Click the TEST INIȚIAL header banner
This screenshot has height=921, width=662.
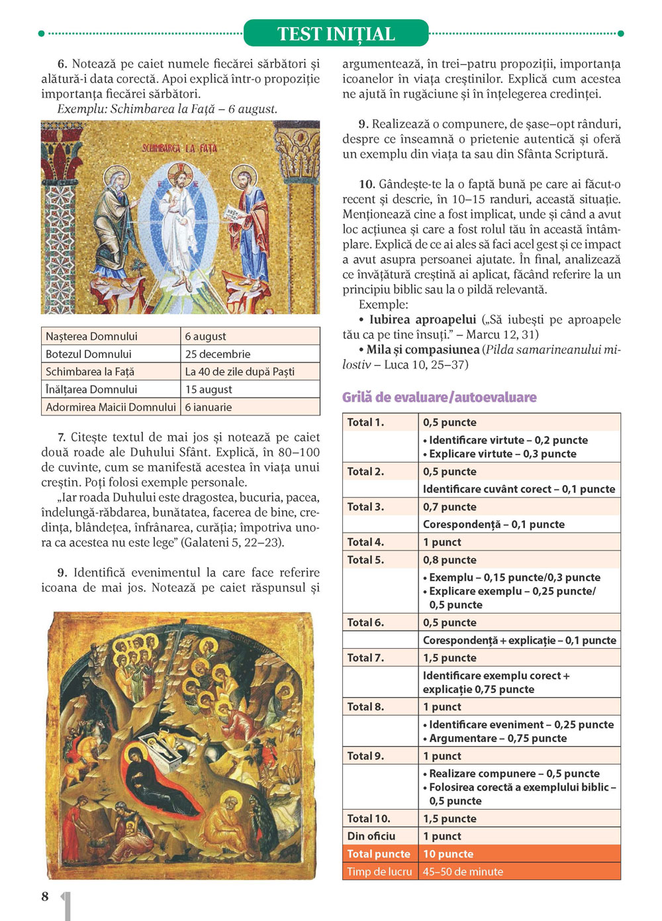click(x=336, y=34)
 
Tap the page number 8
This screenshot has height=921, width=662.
click(x=45, y=896)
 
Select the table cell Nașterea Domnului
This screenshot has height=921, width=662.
click(x=91, y=337)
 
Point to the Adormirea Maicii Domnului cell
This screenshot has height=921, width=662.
click(x=111, y=407)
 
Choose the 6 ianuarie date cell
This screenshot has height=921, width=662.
click(x=209, y=407)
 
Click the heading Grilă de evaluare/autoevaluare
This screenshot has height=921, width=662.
click(x=439, y=398)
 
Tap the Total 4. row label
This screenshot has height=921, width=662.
click(x=365, y=542)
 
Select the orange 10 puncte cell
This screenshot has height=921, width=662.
click(x=448, y=854)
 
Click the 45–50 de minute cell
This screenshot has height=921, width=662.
click(x=463, y=872)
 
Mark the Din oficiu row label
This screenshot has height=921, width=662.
click(x=371, y=836)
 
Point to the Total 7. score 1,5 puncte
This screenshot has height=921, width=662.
click(x=449, y=658)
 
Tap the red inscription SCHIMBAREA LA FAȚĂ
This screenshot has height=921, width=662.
click(x=179, y=148)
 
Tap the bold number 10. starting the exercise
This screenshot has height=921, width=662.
click(x=367, y=184)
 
